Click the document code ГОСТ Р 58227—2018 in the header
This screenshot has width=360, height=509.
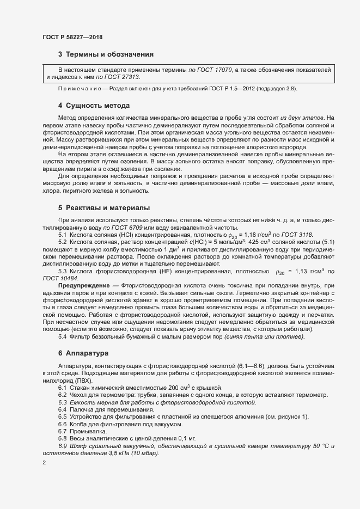(72, 37)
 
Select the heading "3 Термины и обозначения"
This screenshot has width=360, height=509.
(106, 54)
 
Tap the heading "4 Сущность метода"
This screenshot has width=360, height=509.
(93, 105)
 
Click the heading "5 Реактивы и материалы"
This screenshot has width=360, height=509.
(104, 208)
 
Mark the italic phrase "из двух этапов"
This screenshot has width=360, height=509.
(303, 117)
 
